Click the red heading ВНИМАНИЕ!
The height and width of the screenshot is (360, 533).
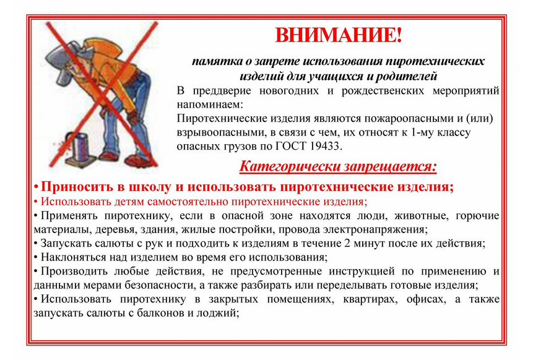point(338,35)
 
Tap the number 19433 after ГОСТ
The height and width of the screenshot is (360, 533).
point(324,147)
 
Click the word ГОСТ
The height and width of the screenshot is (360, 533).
point(291,147)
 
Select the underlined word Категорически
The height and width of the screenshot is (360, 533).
point(290,166)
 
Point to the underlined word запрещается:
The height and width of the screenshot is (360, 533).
point(390,166)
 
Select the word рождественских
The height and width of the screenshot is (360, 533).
point(383,91)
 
